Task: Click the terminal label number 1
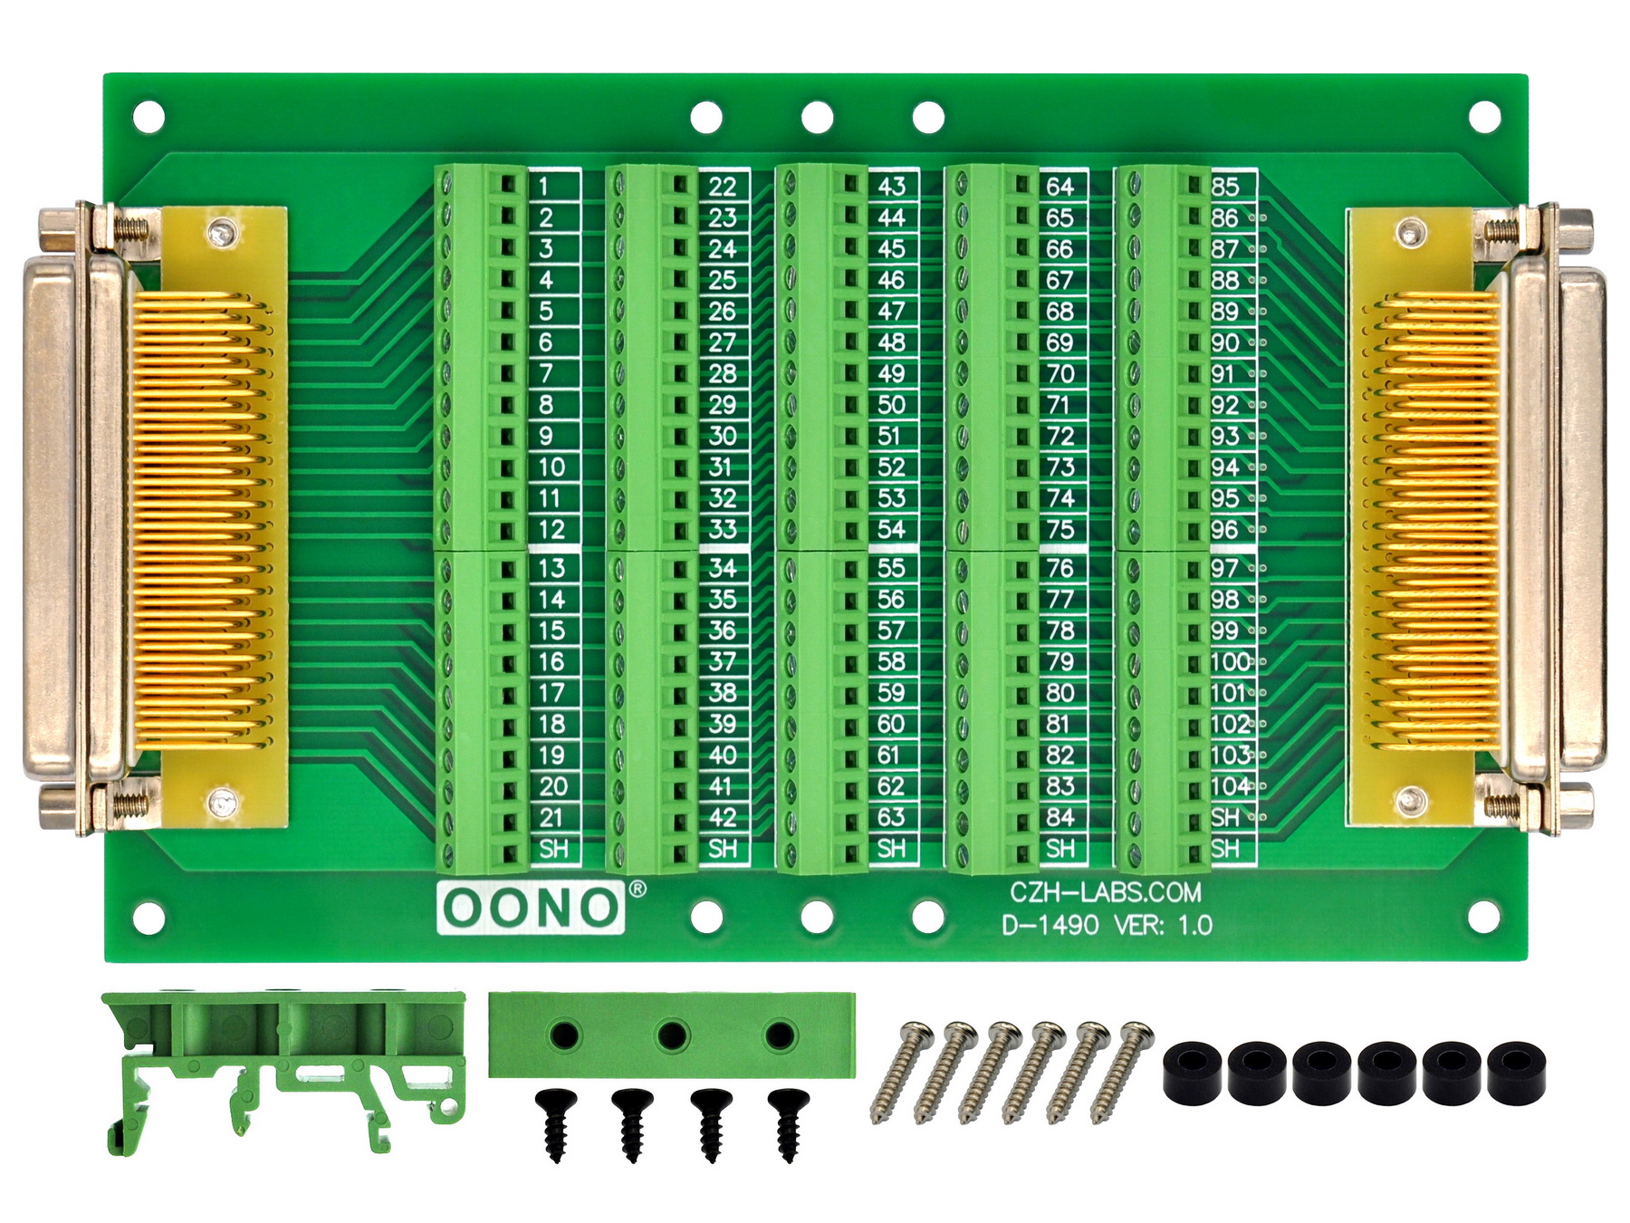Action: pyautogui.click(x=543, y=187)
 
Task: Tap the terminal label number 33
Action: pyautogui.click(x=722, y=529)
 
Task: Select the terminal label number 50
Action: pyautogui.click(x=891, y=404)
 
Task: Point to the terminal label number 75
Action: pyautogui.click(x=1059, y=529)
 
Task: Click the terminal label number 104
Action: pyautogui.click(x=1231, y=785)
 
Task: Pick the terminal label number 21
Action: pyautogui.click(x=551, y=817)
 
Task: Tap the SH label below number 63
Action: pyautogui.click(x=891, y=849)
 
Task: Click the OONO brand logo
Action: pyautogui.click(x=531, y=907)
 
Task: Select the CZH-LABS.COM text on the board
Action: pyautogui.click(x=1106, y=892)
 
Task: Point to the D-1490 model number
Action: pyautogui.click(x=1050, y=925)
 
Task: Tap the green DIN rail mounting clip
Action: pyautogui.click(x=283, y=1069)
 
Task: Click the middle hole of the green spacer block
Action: pyautogui.click(x=672, y=1035)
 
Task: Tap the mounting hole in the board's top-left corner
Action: pyautogui.click(x=149, y=117)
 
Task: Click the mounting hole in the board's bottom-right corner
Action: pyautogui.click(x=1483, y=917)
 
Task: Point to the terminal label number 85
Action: pyautogui.click(x=1224, y=187)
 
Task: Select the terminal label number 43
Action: pyautogui.click(x=891, y=187)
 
